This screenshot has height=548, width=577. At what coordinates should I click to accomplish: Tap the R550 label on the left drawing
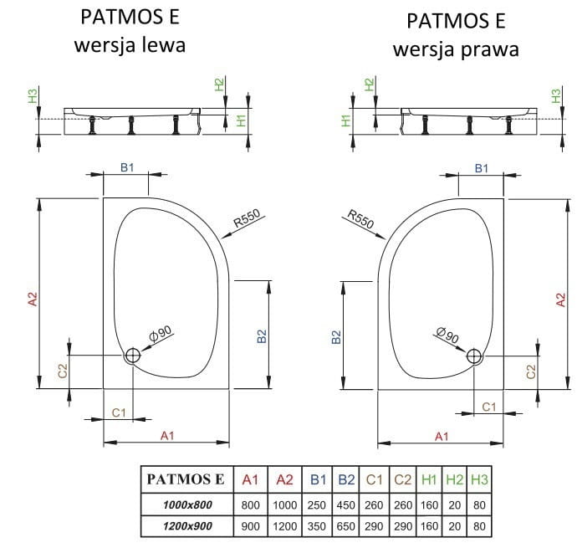tap(248, 220)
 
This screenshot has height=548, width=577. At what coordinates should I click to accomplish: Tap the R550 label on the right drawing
tap(359, 220)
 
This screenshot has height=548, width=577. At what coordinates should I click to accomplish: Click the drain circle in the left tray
tap(133, 356)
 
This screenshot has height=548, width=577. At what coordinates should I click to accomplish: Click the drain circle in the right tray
tap(475, 356)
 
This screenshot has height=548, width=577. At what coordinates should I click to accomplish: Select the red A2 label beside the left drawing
tap(33, 300)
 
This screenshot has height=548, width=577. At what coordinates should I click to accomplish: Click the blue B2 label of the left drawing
tap(262, 336)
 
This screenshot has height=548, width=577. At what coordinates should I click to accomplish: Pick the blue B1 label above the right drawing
tap(482, 169)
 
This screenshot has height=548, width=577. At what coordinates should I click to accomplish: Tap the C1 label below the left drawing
tap(118, 412)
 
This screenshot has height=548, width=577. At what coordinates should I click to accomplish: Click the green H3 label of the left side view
tap(33, 96)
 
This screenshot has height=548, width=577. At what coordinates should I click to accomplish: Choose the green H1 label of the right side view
tap(345, 121)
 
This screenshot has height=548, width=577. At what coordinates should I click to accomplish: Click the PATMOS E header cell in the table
tap(186, 479)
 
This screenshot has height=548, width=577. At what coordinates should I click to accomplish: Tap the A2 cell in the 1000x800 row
tap(284, 504)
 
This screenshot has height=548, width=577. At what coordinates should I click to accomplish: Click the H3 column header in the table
tap(479, 479)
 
